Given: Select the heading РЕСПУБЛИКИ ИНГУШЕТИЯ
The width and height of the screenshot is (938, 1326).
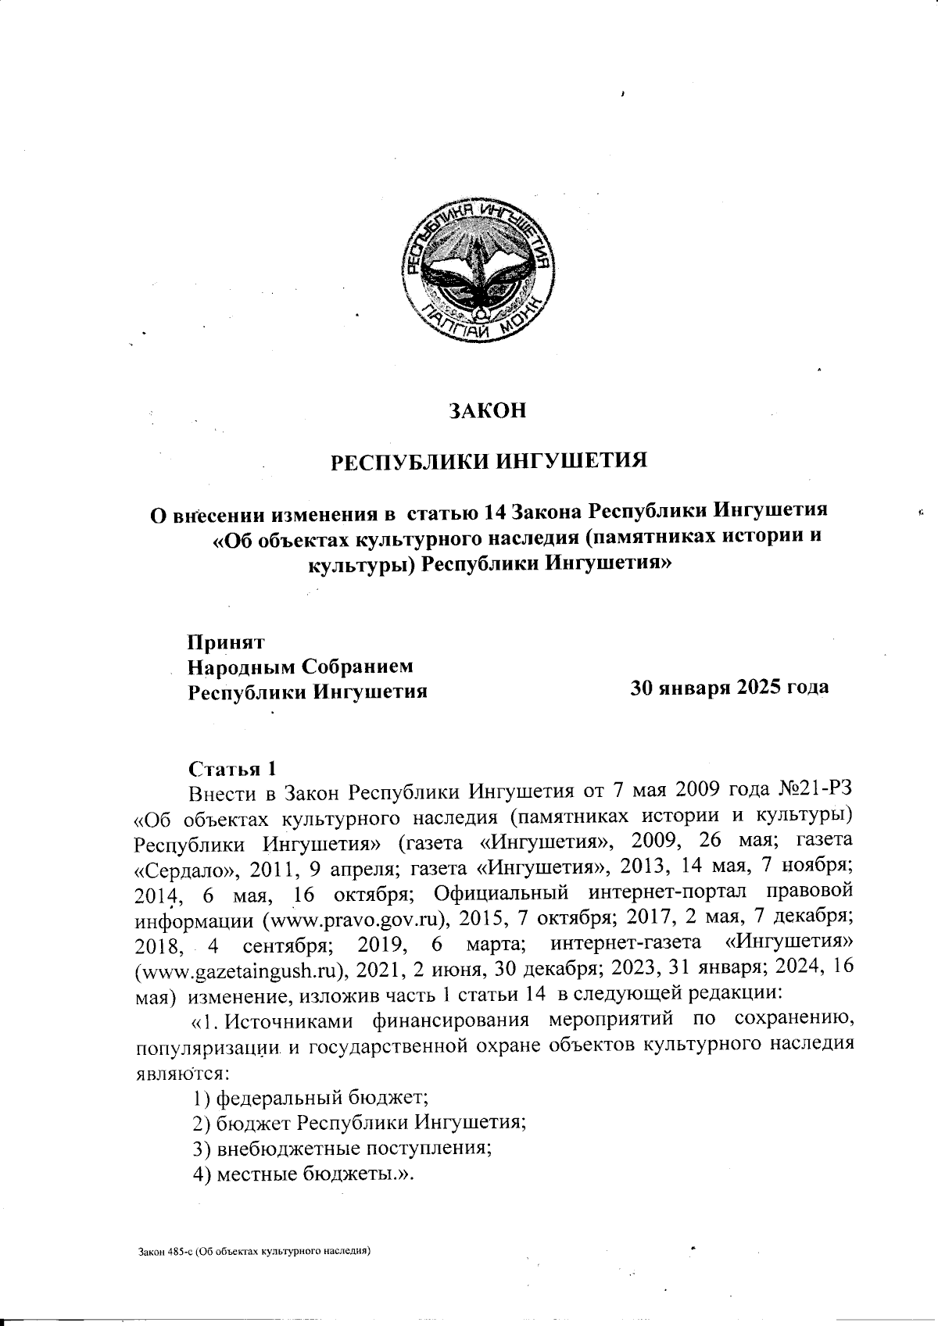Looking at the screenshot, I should tap(489, 460).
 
